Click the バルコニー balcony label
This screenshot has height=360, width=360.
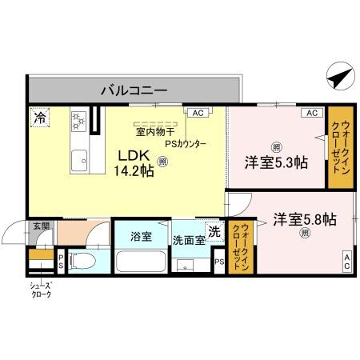coord(134,90)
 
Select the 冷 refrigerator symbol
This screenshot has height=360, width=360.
coord(39,118)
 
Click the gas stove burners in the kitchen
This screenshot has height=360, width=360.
coord(79,121)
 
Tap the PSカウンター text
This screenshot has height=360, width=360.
coord(186,144)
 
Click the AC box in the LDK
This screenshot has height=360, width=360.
coord(197,113)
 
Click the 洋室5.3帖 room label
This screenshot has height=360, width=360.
coord(276,162)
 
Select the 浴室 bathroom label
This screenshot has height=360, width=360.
coord(142,237)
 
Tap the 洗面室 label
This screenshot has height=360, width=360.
coord(189,241)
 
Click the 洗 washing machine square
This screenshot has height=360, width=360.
coord(214,231)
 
